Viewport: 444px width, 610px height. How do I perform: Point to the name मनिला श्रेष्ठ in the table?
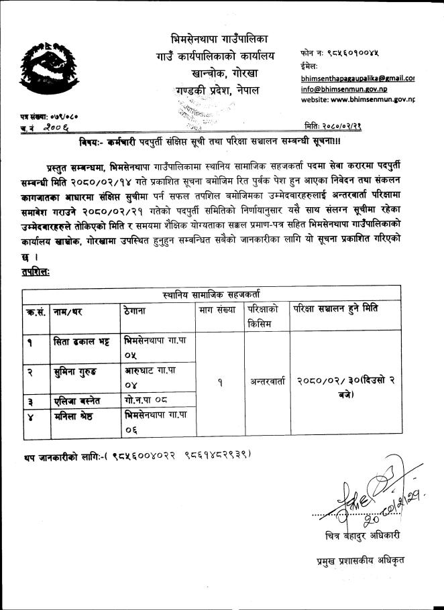(77, 416)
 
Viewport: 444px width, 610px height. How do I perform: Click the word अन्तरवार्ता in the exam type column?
(266, 383)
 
